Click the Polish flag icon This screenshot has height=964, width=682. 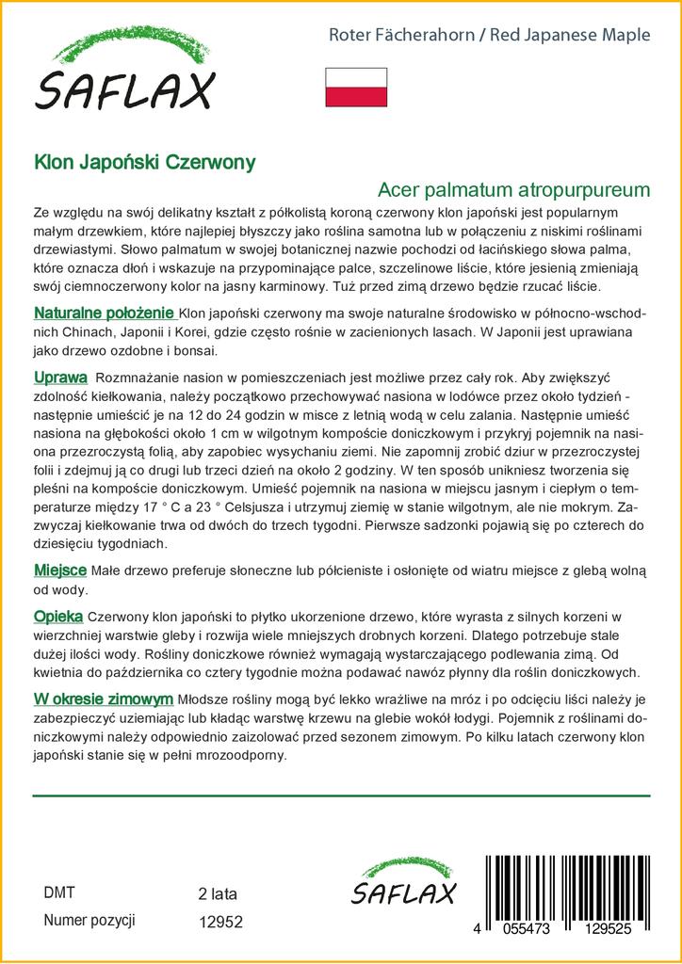(x=356, y=87)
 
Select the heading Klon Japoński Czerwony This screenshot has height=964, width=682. (x=144, y=163)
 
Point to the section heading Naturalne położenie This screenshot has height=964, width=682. (x=104, y=313)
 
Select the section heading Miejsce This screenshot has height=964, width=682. (x=60, y=570)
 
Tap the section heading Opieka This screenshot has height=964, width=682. (x=58, y=616)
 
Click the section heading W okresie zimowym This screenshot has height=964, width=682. (x=103, y=699)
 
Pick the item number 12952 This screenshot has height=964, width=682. (x=221, y=924)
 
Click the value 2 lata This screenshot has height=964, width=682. (x=219, y=893)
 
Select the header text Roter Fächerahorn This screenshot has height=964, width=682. (x=401, y=36)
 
